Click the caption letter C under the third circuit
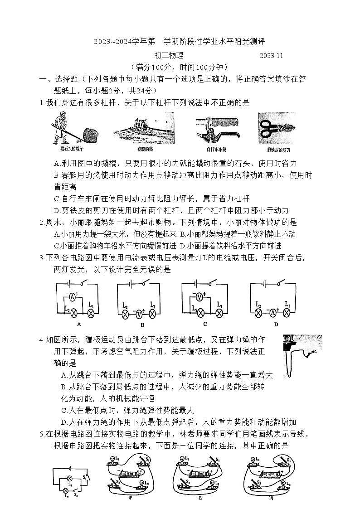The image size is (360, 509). pyautogui.click(x=205, y=324)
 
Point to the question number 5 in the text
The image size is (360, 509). pyautogui.click(x=41, y=434)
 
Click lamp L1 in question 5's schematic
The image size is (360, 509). pyautogui.click(x=70, y=478)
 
